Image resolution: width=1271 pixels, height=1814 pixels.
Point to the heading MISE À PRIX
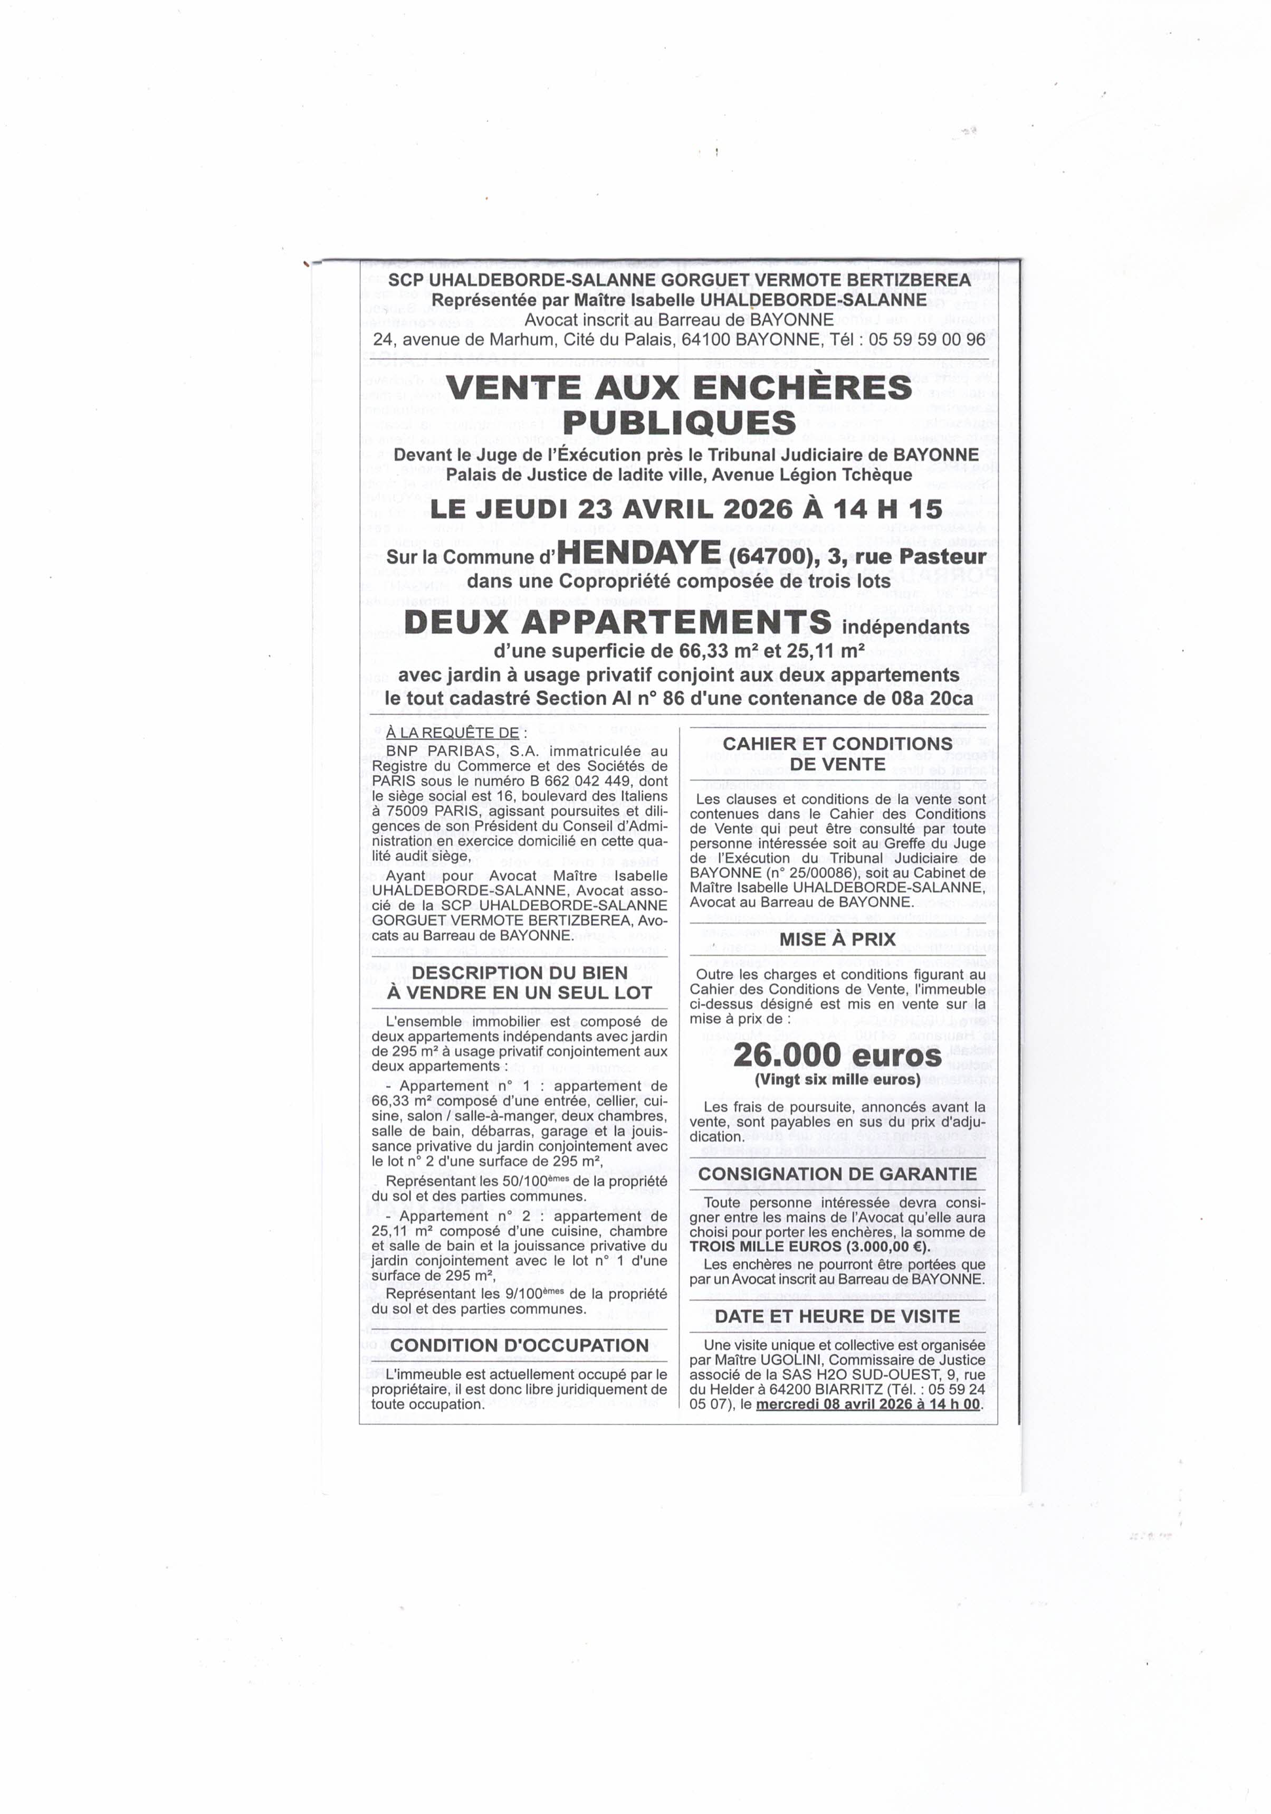point(837,939)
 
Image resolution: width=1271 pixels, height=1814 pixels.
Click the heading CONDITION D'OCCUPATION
point(519,1345)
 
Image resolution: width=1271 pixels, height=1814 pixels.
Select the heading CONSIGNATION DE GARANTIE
point(837,1174)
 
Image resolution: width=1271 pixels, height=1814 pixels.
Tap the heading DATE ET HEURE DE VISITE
point(837,1316)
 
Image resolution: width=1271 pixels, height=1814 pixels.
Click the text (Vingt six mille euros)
point(837,1079)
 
